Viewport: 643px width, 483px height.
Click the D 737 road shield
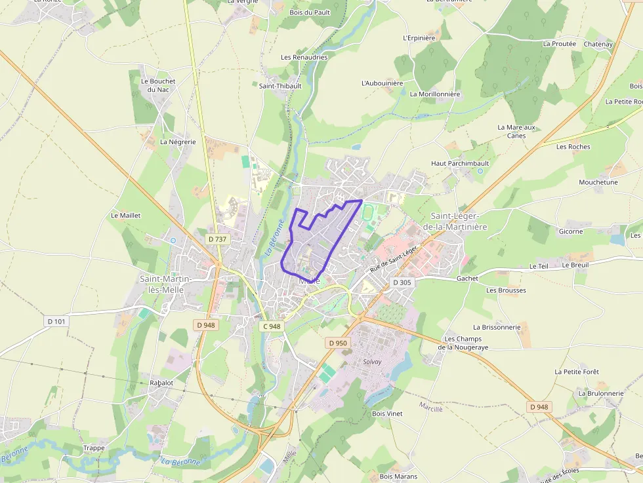217,239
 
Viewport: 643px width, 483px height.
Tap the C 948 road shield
272,326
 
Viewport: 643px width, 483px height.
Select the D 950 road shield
337,343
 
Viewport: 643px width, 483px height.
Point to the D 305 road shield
402,282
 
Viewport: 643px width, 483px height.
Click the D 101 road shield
57,321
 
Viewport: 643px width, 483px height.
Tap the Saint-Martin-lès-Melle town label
166,284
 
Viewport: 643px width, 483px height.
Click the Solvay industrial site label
372,361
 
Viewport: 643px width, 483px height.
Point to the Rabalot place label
161,382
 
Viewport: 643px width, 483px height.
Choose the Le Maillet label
126,215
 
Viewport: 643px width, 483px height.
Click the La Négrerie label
178,142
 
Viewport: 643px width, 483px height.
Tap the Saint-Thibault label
280,86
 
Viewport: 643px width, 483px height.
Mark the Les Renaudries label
304,57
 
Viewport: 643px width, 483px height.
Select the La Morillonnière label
435,94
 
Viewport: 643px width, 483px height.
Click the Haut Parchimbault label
460,163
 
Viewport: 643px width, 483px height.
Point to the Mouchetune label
598,182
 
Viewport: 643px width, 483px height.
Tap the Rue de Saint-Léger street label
394,260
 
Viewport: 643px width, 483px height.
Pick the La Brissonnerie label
497,326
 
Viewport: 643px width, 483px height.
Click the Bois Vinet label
387,414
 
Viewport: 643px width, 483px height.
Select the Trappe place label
94,448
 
